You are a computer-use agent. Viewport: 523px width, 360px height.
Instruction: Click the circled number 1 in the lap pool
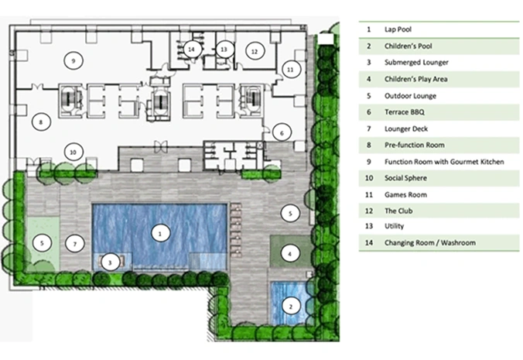click(x=160, y=234)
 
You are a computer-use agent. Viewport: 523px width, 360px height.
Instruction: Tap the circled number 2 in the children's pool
click(x=291, y=307)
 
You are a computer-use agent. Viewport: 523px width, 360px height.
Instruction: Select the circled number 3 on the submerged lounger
click(x=110, y=262)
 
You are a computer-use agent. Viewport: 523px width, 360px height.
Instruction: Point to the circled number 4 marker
click(x=289, y=254)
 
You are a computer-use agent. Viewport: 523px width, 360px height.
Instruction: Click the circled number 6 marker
click(x=282, y=133)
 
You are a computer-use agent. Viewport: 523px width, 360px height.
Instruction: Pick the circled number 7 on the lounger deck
click(x=75, y=244)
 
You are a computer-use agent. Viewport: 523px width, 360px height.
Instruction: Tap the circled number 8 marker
click(x=41, y=122)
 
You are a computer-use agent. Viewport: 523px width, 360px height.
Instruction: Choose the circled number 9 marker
click(x=73, y=60)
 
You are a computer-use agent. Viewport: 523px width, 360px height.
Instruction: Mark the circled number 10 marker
click(x=73, y=153)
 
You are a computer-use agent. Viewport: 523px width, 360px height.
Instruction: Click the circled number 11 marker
click(x=291, y=70)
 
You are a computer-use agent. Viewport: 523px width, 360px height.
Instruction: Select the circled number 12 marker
click(x=255, y=51)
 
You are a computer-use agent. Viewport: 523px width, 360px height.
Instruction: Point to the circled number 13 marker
click(x=224, y=50)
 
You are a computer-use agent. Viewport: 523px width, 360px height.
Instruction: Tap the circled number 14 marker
click(x=191, y=50)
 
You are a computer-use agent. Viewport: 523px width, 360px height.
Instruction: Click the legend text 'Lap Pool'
click(x=398, y=29)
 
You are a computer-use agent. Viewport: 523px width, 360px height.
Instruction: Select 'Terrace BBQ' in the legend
click(x=405, y=112)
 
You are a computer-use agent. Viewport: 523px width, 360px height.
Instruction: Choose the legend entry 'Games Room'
click(x=405, y=194)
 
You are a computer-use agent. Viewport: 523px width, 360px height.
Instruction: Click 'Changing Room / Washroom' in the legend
click(x=430, y=242)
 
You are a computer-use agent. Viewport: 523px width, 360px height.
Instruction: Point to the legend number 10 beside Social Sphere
click(x=369, y=178)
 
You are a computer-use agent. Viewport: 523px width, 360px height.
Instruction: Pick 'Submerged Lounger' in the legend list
click(x=416, y=63)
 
